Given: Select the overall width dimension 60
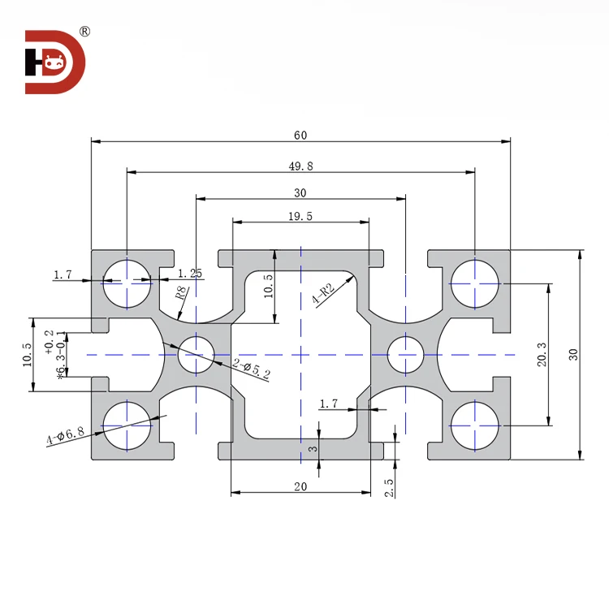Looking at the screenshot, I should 301,135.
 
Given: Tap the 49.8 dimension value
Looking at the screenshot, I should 301,166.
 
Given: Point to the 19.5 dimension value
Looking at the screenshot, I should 300,215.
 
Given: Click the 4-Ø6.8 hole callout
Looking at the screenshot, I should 66,436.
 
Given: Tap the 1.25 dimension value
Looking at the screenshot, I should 190,274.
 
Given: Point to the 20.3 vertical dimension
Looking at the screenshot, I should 542,354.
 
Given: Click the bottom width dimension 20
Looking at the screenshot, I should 300,486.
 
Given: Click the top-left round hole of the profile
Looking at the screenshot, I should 127,283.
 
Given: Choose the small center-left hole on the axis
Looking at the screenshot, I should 196,354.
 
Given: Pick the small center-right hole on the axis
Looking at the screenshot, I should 405,354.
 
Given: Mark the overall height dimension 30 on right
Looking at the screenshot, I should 573,354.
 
